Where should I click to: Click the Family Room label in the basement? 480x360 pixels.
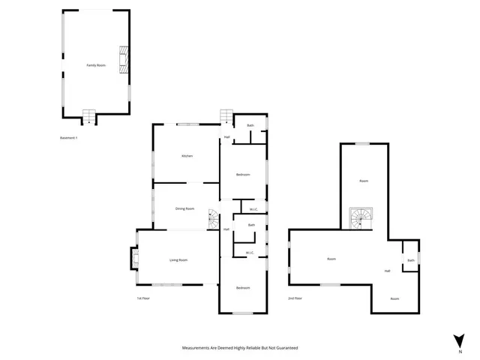coord(95,66)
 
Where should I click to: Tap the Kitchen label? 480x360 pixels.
coord(187,156)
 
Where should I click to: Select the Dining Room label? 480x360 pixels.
coord(184,208)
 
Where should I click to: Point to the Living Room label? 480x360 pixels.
coord(178,259)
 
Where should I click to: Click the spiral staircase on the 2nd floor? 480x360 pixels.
coord(361,218)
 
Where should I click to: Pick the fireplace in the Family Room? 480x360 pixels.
coord(123,60)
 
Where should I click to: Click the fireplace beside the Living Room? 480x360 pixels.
coord(134,258)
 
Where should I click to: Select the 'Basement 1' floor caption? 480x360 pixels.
coord(68,138)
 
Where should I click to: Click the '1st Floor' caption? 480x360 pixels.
coord(143,298)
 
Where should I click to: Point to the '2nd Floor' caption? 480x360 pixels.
coord(295,298)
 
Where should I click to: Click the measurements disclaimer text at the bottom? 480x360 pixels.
coord(240,348)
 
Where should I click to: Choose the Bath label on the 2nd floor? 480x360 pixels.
coord(410,260)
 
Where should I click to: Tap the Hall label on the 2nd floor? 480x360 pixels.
coord(388,271)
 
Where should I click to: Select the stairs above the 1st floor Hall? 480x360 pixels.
coord(226,116)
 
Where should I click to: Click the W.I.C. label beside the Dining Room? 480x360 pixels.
coord(253,209)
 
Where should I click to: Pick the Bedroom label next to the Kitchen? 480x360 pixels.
coord(242,175)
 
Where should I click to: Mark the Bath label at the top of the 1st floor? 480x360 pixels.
coord(250,125)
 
